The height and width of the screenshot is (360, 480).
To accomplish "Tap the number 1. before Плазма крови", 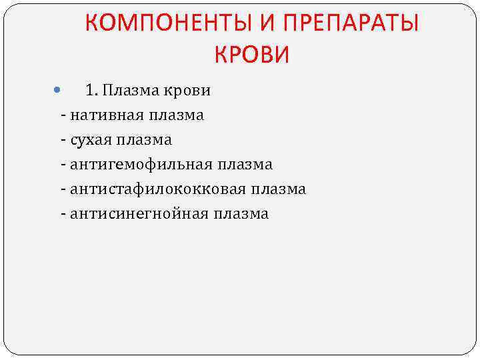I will coord(91,90).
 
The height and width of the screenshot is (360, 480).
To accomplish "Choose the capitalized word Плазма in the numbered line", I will coord(129,90).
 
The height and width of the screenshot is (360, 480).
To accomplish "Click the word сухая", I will coord(90,140).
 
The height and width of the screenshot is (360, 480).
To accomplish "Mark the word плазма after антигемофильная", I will coord(245,164).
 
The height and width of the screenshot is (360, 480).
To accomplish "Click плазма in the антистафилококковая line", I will coord(279,189).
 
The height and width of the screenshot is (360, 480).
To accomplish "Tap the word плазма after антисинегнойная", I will coord(241,214).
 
